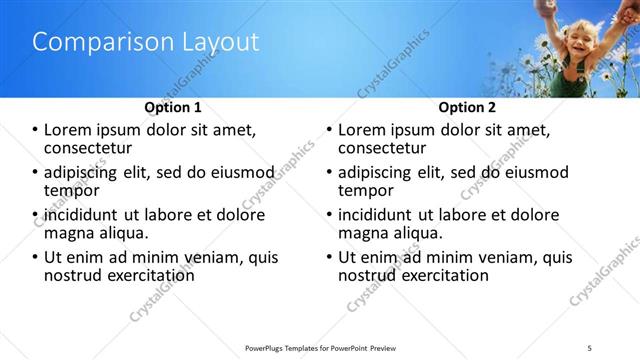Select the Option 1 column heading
click(x=172, y=107)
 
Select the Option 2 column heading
click(x=466, y=107)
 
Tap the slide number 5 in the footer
click(x=590, y=347)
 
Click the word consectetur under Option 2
click(x=381, y=148)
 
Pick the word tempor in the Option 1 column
click(x=71, y=190)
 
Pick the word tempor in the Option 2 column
click(x=366, y=190)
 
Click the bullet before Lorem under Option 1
click(x=35, y=130)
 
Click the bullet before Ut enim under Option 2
click(x=329, y=257)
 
